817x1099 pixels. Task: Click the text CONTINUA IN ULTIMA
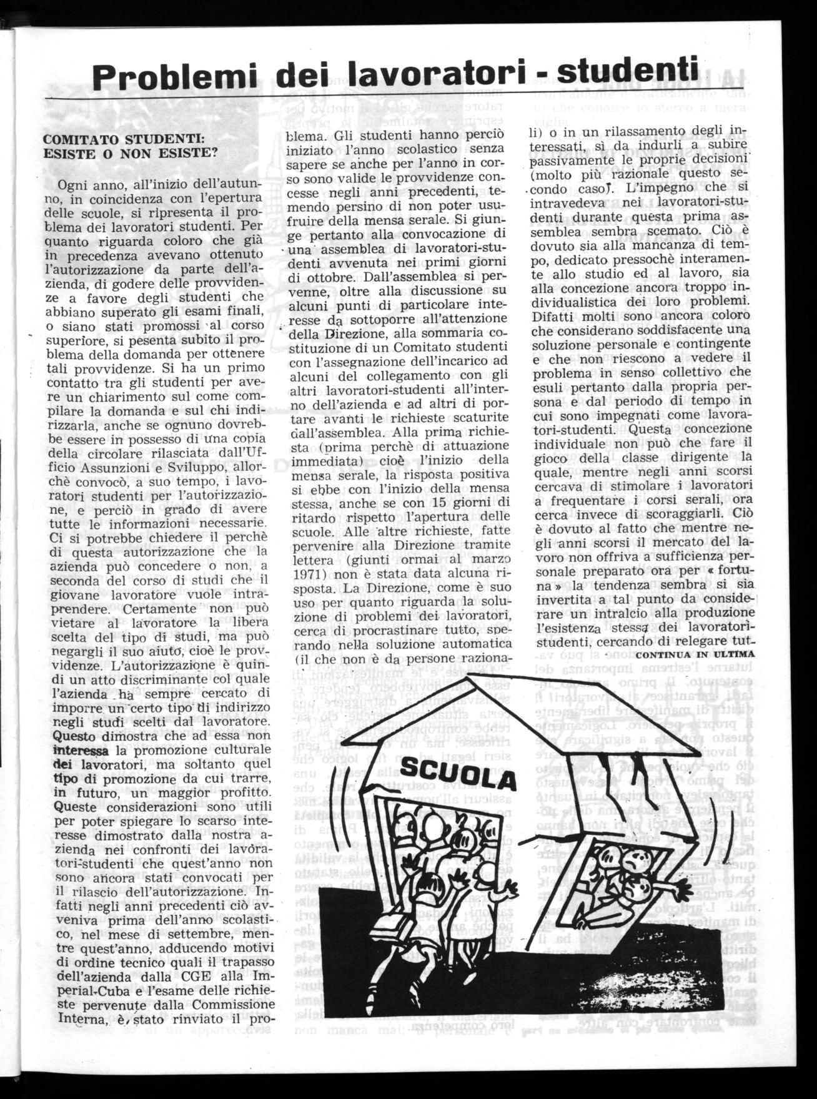coord(696,654)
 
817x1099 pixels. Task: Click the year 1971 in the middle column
coord(300,573)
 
